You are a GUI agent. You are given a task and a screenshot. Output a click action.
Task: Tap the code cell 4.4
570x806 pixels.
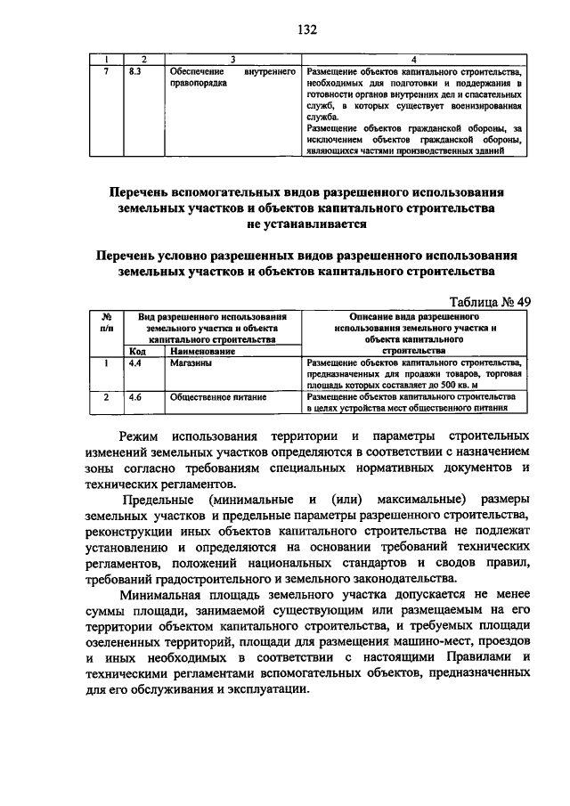click(135, 363)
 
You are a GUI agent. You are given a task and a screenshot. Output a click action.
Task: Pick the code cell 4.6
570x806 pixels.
click(135, 397)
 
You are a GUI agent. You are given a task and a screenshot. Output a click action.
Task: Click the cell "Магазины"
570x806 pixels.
click(192, 363)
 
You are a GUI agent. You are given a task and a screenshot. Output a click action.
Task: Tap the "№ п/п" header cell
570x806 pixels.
click(105, 322)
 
